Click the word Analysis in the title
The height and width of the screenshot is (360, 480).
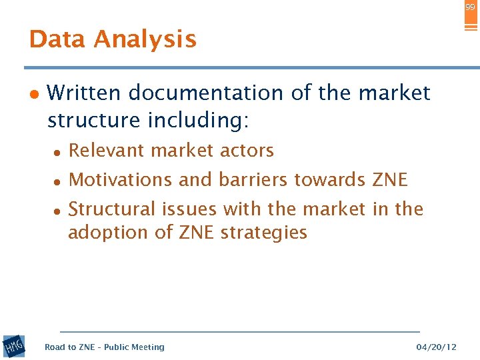[x=145, y=40]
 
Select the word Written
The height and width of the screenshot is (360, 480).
[x=85, y=93]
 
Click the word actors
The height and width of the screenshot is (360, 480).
[x=248, y=151]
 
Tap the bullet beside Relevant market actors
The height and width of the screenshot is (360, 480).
[x=58, y=152]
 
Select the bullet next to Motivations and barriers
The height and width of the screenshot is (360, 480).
[x=58, y=181]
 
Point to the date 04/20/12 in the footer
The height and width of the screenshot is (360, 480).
[x=436, y=347]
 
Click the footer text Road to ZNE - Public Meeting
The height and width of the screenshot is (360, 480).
[x=104, y=347]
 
